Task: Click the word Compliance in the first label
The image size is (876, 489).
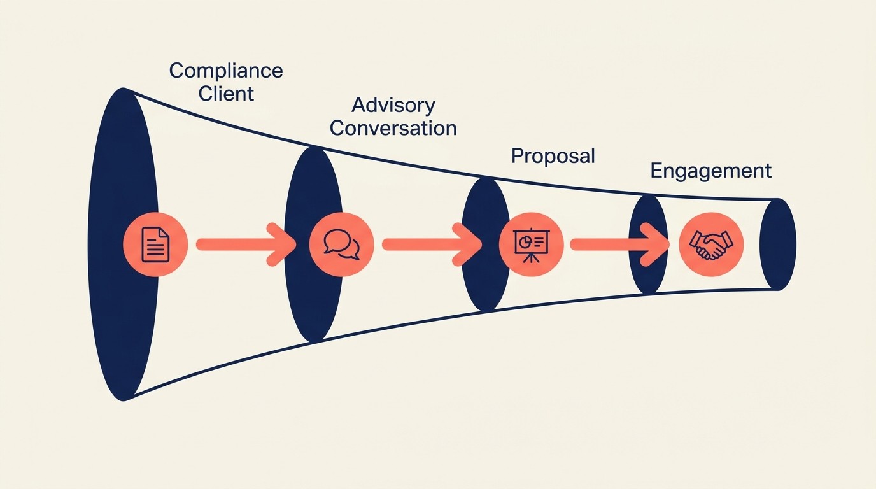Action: pos(225,70)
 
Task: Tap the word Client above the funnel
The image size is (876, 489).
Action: pos(225,94)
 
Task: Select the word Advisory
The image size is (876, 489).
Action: pos(393,104)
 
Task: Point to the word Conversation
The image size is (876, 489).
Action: pos(393,128)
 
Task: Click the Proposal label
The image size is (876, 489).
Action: pos(553,156)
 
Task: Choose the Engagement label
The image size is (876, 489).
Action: pos(710,171)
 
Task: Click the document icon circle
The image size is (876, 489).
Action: pos(155,244)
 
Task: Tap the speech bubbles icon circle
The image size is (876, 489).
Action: pos(341,244)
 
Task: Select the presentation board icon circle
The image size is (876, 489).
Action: pos(531,244)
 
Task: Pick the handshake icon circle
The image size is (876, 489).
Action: pos(711,244)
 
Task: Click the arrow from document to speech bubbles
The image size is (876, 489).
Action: pos(242,244)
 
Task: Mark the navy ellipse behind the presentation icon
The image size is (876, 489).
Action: pos(484,287)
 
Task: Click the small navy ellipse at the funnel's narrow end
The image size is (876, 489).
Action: pos(778,244)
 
